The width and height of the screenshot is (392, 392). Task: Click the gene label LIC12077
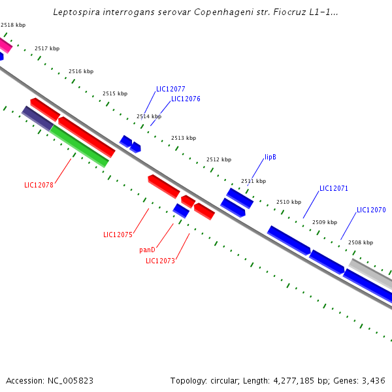coord(171,89)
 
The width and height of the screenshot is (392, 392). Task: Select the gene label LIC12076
coord(186,99)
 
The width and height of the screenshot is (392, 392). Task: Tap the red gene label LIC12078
coord(39,185)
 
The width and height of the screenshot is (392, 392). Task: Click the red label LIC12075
coord(118,235)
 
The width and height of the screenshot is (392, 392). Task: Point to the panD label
coord(147,250)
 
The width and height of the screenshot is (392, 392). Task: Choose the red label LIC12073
coord(160,261)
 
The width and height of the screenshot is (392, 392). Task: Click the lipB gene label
coord(270,157)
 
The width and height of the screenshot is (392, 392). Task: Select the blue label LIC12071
coord(334,188)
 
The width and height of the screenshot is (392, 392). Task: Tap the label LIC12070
coord(371,210)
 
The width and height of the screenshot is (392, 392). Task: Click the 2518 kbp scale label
coord(13,25)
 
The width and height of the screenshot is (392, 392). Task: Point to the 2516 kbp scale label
coord(81,71)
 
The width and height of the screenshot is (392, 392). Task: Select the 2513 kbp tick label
coord(184,138)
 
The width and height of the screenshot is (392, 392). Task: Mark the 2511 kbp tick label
coord(253,181)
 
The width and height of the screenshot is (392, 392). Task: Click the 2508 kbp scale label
coord(361,242)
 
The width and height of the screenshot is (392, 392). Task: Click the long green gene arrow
coord(79,146)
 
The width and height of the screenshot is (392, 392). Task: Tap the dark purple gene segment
coord(37,118)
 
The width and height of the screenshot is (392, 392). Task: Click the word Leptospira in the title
coord(73,12)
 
